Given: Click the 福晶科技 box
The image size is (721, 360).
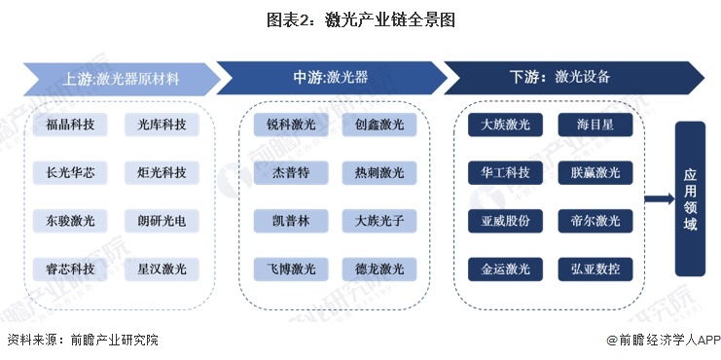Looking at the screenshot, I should point(70,125).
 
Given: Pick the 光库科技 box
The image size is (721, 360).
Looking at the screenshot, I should point(162,125).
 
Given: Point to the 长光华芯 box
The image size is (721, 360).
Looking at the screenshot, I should point(70,173).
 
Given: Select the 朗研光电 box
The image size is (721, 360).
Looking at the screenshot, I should point(162,221).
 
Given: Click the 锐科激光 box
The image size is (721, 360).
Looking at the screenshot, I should point(291,125).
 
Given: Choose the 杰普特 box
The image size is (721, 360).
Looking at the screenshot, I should point(291,173).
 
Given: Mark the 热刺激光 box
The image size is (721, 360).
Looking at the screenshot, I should point(379,173).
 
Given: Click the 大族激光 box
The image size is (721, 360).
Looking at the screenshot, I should point(506,125).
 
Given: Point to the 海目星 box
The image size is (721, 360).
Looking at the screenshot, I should point(595,125).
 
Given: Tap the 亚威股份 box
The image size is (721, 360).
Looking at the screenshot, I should point(506,221).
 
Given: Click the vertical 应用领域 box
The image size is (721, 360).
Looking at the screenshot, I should point(689,198).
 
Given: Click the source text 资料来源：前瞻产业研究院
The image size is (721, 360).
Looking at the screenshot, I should point(82,341).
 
